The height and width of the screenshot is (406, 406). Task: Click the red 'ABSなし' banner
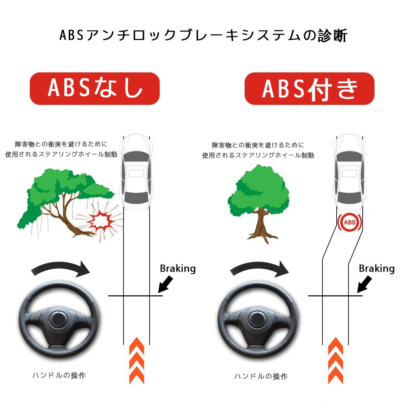(94, 88)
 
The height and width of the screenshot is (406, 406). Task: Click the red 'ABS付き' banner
(309, 88)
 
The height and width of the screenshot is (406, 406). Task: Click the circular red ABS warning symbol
(349, 222)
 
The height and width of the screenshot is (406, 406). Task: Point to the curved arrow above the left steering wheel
(61, 267)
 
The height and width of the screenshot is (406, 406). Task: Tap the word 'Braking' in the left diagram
(178, 269)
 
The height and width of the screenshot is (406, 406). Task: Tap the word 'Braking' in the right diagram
(377, 269)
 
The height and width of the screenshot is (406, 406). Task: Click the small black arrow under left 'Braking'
(165, 285)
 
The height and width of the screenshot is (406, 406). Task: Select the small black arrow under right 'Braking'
(364, 285)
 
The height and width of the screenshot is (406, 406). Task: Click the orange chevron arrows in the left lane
(137, 360)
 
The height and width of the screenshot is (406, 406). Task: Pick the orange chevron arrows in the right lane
(336, 360)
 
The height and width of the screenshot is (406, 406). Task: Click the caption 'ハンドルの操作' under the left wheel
(59, 375)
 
